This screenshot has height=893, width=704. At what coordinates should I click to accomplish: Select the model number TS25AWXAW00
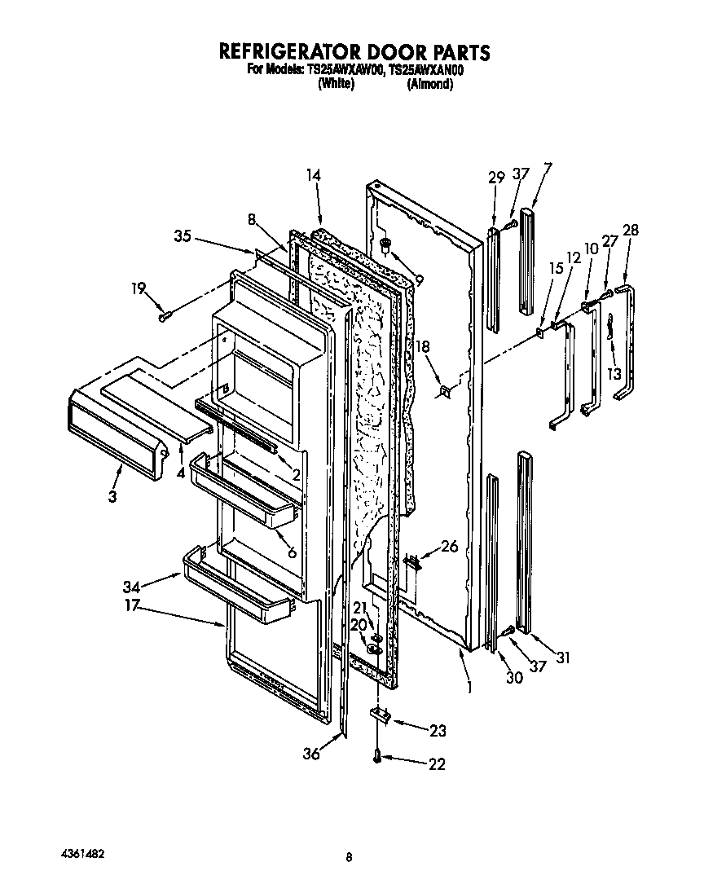[x=345, y=71]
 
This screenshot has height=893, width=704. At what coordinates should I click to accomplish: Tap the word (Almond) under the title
[x=429, y=84]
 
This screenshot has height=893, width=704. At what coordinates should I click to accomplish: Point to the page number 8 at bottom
[x=349, y=856]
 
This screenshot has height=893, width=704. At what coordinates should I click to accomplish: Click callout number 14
[x=314, y=174]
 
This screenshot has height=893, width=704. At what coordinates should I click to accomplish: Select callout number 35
[x=183, y=237]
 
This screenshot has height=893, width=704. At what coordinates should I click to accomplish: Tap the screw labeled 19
[x=164, y=315]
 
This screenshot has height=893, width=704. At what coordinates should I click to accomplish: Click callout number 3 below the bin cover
[x=112, y=496]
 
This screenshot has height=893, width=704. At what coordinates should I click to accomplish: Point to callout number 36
[x=310, y=754]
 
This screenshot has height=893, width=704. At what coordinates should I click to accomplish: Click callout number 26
[x=449, y=547]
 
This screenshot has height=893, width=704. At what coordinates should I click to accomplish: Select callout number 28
[x=630, y=231]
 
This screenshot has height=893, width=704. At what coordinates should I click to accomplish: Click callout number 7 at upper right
[x=547, y=169]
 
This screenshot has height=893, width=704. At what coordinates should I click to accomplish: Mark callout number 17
[x=131, y=605]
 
